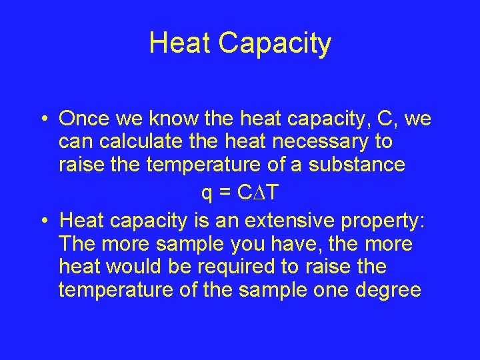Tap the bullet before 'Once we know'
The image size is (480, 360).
pyautogui.click(x=42, y=120)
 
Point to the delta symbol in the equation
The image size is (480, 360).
pyautogui.click(x=262, y=193)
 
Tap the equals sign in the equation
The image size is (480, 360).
pyautogui.click(x=227, y=193)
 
